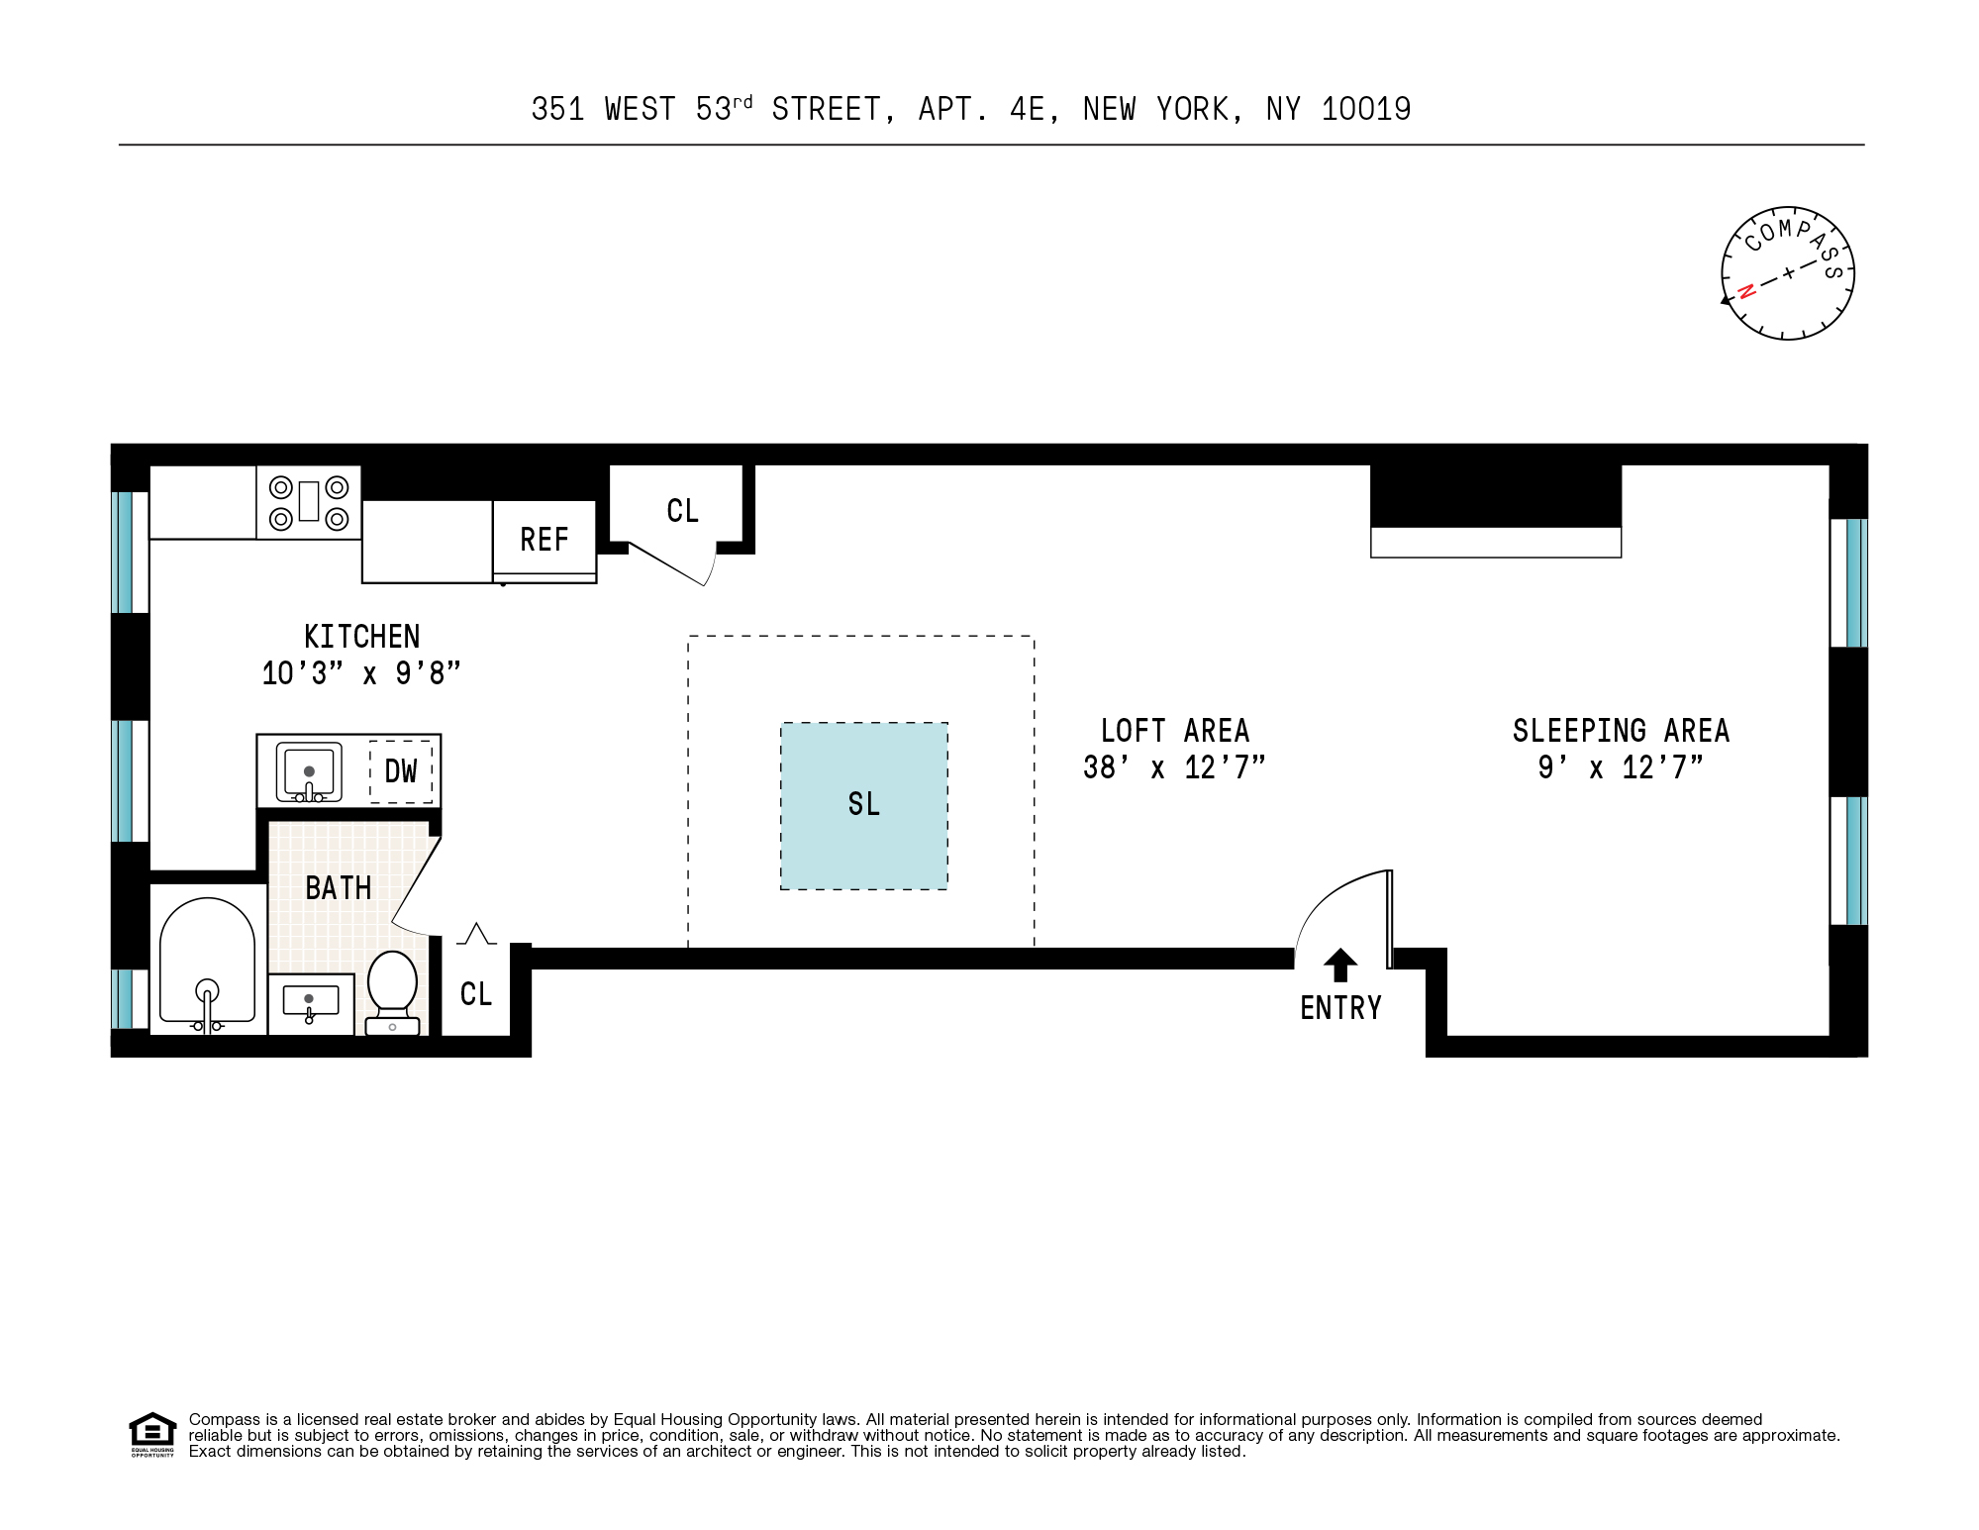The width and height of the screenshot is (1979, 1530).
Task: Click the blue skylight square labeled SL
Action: [863, 805]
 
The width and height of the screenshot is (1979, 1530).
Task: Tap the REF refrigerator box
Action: [544, 540]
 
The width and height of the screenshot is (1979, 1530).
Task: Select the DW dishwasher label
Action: [401, 771]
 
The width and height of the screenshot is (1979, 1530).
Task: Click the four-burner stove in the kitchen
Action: [309, 502]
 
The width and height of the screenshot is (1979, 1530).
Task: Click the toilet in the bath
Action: [392, 990]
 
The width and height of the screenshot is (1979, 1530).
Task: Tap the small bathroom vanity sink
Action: [310, 1003]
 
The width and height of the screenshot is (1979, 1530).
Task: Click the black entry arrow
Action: [1340, 966]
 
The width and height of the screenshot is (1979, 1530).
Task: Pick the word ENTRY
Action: [1340, 1008]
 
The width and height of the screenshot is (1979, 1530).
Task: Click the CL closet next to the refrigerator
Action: [682, 511]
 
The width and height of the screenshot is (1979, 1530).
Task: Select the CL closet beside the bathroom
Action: [476, 994]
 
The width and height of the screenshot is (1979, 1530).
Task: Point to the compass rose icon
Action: [1787, 273]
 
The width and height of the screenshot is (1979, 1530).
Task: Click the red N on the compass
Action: [1746, 291]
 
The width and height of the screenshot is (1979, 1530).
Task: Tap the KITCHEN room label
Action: [361, 637]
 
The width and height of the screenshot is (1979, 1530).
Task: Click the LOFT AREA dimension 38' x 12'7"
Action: [1174, 767]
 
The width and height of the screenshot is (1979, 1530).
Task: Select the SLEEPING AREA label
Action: [1621, 731]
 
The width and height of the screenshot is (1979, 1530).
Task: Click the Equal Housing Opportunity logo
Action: [152, 1434]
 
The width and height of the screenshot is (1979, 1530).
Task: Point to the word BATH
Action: [339, 888]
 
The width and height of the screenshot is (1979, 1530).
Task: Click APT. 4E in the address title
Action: [987, 109]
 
